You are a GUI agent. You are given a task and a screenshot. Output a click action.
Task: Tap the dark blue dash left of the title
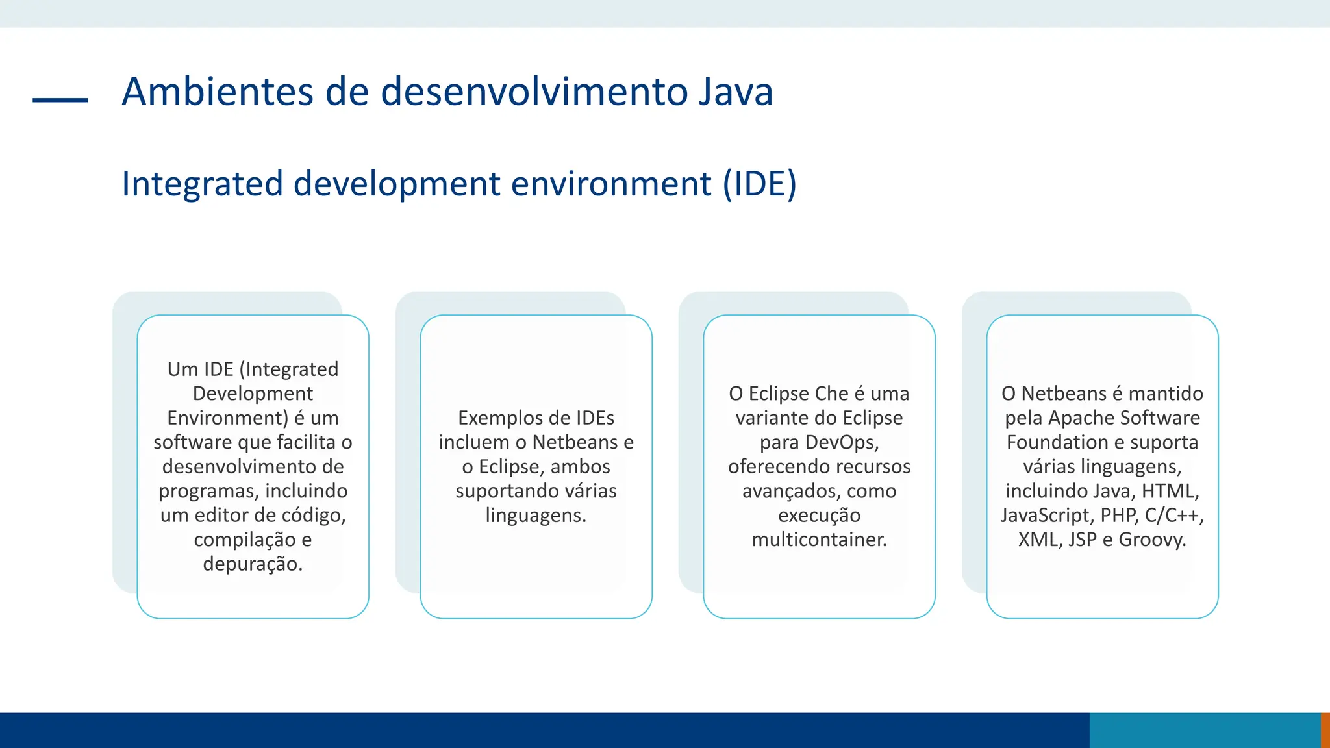(60, 100)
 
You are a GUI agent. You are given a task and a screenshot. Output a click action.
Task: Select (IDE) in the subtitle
(760, 184)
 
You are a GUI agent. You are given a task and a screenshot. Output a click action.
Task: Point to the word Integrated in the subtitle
(202, 184)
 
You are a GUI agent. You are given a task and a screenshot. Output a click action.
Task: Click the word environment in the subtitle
(611, 184)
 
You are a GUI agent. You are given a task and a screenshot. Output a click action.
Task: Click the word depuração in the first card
(252, 564)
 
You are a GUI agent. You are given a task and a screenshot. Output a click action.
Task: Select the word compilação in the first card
(244, 540)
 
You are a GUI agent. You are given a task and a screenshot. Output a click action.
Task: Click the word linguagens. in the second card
(536, 516)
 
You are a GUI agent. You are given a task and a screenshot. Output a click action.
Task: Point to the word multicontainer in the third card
(818, 540)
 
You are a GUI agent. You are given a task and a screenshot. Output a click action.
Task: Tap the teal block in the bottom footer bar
(1204, 730)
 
